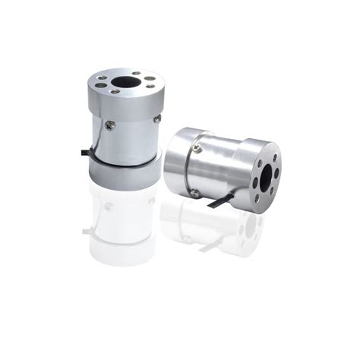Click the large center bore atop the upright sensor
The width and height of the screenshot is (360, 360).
(125, 81)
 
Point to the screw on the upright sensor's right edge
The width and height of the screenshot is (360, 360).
(157, 118)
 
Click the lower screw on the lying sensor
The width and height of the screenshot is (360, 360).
(196, 193)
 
